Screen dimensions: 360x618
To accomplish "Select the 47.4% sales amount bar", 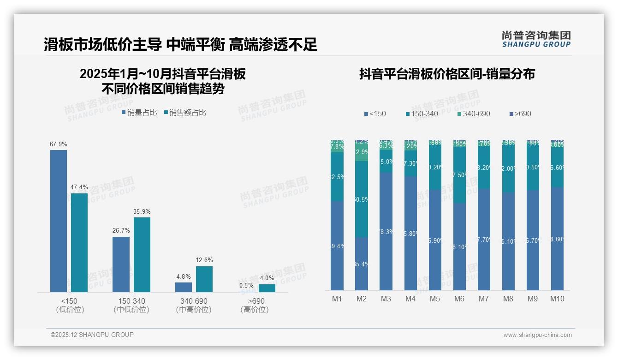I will click(x=79, y=242).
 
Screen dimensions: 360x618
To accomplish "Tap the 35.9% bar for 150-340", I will click(x=142, y=254).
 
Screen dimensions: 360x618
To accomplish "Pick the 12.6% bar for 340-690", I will click(x=204, y=279).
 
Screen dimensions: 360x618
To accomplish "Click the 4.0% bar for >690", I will click(x=267, y=288).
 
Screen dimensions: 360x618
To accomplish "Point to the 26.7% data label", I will click(x=121, y=230).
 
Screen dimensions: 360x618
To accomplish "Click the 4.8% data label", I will click(x=183, y=276).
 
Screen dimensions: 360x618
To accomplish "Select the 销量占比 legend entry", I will click(x=139, y=112).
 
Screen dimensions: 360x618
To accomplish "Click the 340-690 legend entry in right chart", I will click(x=474, y=114).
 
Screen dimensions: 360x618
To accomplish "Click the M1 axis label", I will click(x=337, y=299).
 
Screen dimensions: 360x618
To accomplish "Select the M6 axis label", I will click(x=459, y=299).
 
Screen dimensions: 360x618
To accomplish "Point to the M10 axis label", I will click(x=557, y=299).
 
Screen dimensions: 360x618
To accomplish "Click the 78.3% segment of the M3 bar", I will click(x=386, y=231).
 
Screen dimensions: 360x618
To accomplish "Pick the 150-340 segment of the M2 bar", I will click(x=362, y=199).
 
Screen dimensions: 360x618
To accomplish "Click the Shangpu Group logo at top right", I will click(x=536, y=39).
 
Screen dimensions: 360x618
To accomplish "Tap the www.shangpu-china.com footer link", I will click(x=537, y=335).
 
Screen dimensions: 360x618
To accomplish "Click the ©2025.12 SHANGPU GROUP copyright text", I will click(x=92, y=335).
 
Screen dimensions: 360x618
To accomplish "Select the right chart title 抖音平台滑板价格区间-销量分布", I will click(x=447, y=74).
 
